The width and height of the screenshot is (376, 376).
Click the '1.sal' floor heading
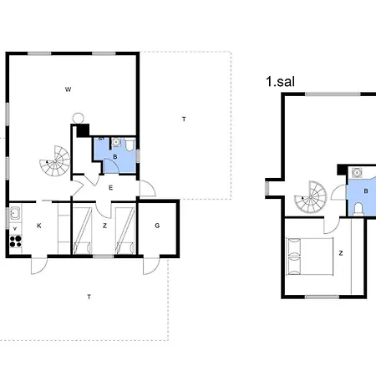tap(280, 82)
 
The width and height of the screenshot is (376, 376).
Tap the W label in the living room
tap(68, 89)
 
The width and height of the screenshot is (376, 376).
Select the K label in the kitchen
tap(39, 226)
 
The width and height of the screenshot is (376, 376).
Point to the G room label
tap(157, 226)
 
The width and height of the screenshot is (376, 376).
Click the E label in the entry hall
tap(110, 188)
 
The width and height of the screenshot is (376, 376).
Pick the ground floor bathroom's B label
tap(115, 157)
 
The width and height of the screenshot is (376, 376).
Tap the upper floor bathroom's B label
tap(366, 191)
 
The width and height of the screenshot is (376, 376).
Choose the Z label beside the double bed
tap(341, 253)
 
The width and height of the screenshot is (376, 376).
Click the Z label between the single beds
tap(104, 226)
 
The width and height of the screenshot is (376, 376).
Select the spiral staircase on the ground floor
tap(55, 160)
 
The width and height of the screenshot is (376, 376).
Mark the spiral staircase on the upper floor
tap(311, 197)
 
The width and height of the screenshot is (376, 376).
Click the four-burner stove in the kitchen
tap(16, 241)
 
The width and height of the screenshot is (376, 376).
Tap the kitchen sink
tap(15, 213)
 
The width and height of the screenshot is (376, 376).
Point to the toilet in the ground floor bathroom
tap(130, 145)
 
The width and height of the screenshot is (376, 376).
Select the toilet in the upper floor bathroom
tap(358, 209)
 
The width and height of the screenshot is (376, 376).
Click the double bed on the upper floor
tap(310, 257)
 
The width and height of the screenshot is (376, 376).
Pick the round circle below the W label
tap(79, 118)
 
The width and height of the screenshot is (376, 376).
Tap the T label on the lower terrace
tap(89, 297)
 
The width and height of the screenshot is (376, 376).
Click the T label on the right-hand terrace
tap(184, 119)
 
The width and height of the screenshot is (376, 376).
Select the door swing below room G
tap(151, 266)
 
